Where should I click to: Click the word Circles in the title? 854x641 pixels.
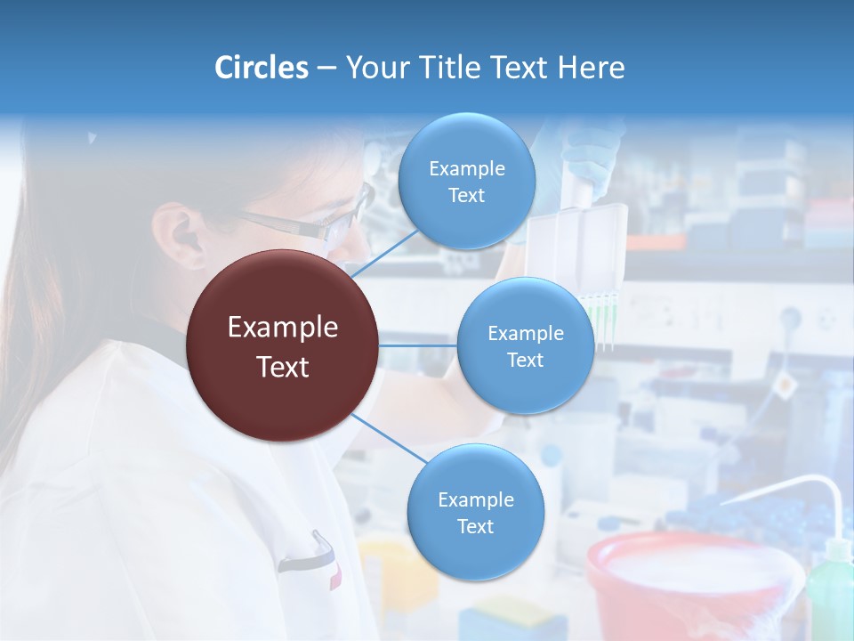262,68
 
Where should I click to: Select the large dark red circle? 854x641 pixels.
282,345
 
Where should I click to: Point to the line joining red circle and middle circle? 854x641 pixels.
417,345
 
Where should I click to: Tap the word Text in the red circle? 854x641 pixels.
282,367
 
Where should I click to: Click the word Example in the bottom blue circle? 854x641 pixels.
475,499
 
